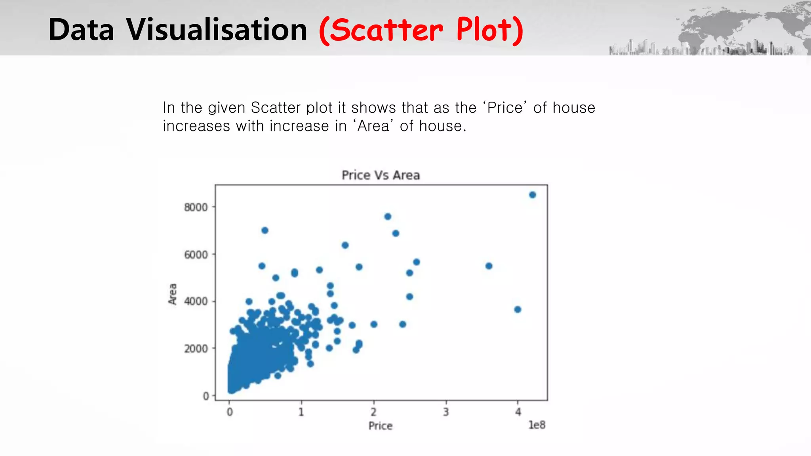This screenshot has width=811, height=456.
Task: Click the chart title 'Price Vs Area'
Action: (x=381, y=175)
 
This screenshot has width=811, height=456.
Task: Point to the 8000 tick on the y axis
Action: (x=196, y=207)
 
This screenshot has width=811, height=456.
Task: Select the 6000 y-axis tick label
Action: (x=196, y=255)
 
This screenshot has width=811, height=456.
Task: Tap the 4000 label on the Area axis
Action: (x=196, y=302)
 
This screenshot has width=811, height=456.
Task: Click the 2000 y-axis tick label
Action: (x=196, y=349)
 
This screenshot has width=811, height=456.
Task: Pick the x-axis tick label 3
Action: (x=446, y=412)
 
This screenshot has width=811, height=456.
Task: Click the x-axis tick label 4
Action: (x=518, y=412)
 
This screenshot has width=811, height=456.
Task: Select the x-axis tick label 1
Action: (x=301, y=412)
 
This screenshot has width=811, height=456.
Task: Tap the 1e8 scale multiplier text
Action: (x=537, y=425)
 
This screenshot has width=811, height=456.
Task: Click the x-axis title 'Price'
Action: (x=381, y=426)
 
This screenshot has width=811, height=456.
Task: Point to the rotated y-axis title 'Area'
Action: (x=173, y=294)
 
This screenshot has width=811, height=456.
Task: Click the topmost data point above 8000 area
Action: (x=533, y=195)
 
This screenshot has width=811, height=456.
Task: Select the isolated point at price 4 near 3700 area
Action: (x=518, y=310)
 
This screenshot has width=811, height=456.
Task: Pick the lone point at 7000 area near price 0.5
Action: (x=265, y=230)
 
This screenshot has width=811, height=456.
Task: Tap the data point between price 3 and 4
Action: (x=489, y=266)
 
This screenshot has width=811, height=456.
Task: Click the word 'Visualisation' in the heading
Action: (x=217, y=30)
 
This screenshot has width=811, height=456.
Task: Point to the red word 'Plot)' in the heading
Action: (x=489, y=30)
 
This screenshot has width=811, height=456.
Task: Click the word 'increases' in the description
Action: (x=196, y=126)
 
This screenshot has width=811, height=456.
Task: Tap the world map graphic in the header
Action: (x=744, y=28)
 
